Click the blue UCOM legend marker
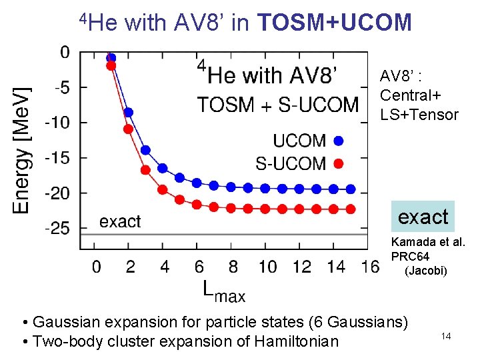pos(339,141)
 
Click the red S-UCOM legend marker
pos(339,163)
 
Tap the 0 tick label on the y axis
pos(64,52)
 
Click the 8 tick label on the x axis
pos(233,267)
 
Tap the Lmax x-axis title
pos(223,291)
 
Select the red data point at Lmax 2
pos(129,129)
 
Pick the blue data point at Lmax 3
pos(145,150)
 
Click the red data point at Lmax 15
pos(351,209)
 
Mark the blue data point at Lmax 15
pos(351,189)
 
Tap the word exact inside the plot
pos(121,221)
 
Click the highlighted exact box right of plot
pos(423,217)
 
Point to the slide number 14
pos(446,336)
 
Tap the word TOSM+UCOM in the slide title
pos(334,23)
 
